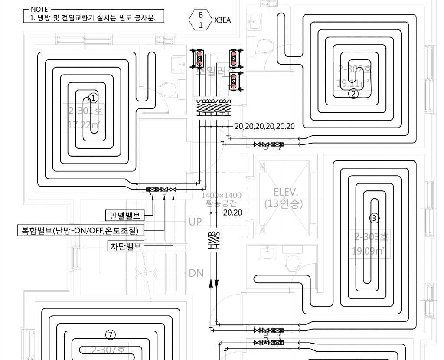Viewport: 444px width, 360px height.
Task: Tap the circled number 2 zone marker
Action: click(x=354, y=93)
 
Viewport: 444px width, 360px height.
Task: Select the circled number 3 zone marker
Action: click(x=374, y=218)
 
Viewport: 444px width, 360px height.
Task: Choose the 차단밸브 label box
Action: click(x=126, y=246)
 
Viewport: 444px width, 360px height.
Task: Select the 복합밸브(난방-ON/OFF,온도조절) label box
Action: click(x=80, y=230)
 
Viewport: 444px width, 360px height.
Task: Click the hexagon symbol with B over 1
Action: click(x=200, y=19)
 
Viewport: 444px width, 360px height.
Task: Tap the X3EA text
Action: click(x=223, y=20)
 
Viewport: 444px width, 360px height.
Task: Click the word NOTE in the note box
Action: click(x=39, y=9)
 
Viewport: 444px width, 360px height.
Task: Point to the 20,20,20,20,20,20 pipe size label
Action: click(x=264, y=126)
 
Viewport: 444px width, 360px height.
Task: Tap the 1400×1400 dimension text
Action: click(x=222, y=196)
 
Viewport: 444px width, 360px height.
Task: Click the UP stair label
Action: click(x=195, y=222)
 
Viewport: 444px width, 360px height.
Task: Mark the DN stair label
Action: click(x=196, y=273)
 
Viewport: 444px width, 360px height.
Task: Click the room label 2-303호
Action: click(x=372, y=237)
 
